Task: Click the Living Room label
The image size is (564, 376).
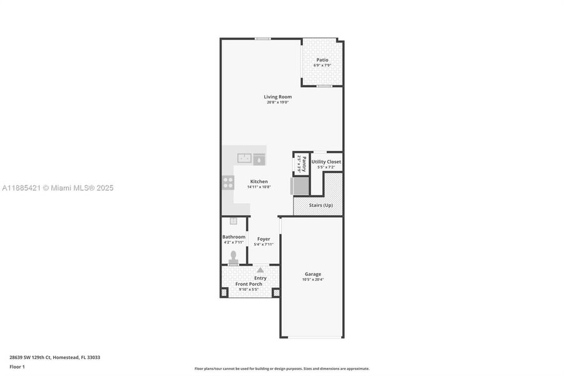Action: pos(277,97)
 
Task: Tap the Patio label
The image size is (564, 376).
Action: pos(322,60)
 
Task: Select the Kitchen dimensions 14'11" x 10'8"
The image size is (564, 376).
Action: pos(259,187)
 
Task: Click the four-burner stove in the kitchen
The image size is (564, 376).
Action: pos(228,182)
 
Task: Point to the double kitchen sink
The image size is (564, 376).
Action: pos(244,159)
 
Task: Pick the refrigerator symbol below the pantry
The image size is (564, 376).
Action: pos(300,186)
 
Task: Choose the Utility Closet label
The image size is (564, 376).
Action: pos(326,162)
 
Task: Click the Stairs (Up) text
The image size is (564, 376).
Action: pos(321,206)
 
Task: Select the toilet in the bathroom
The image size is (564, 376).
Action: pos(233,257)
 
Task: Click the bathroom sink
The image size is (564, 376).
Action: pos(233,221)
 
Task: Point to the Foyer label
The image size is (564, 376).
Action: pos(264,239)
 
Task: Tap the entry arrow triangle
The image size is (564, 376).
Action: pos(260,269)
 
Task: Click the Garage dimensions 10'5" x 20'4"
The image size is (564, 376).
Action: pos(313,279)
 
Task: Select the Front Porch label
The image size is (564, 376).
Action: pos(249,284)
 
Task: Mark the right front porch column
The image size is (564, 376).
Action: pos(276,292)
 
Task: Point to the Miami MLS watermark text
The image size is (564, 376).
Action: pos(58,187)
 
